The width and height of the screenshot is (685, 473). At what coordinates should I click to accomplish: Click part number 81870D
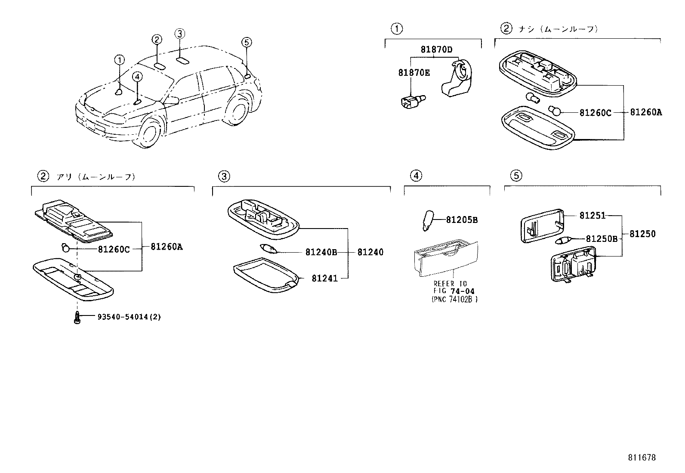tap(436, 49)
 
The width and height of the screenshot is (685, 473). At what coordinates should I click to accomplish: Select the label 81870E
tap(413, 73)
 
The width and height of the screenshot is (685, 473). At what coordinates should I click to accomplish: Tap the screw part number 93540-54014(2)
tap(129, 317)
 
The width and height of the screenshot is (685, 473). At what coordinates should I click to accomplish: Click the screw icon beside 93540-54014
tap(77, 318)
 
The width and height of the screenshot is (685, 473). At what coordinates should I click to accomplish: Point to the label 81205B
tap(462, 220)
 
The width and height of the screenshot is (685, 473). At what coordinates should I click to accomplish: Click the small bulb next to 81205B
tap(428, 220)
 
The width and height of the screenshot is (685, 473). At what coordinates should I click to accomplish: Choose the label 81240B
tap(321, 252)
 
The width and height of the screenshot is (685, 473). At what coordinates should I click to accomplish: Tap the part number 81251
tap(592, 215)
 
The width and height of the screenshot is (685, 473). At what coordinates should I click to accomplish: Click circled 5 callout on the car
tap(246, 42)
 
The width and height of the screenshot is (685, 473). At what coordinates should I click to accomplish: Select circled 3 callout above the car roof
tap(180, 34)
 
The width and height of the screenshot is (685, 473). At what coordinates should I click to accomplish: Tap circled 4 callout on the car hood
tap(137, 77)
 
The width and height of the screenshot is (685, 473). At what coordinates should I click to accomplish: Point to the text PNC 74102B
tap(455, 299)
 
